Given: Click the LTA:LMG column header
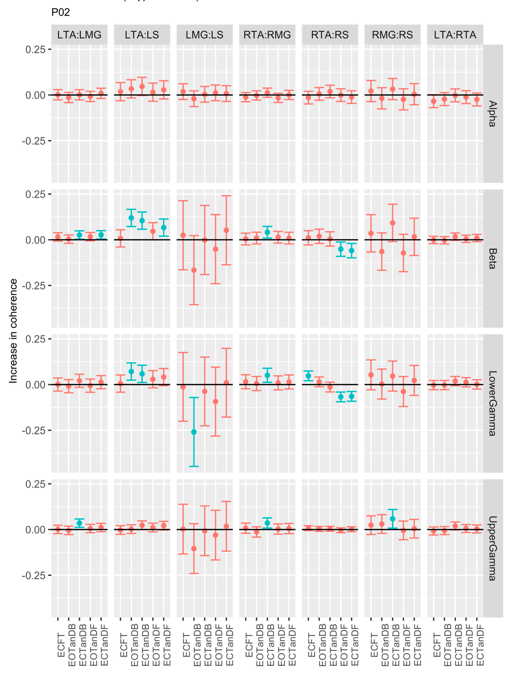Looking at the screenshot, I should tap(79, 35).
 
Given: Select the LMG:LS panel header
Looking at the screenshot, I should tap(204, 35).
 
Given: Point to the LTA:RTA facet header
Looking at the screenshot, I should tap(455, 35).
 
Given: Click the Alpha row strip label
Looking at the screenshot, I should tap(493, 114).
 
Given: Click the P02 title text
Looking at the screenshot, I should tap(61, 12).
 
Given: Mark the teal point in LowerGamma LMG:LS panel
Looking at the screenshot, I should tap(194, 432).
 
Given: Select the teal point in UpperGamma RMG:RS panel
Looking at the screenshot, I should tap(393, 519).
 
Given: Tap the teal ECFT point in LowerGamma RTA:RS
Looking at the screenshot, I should tap(309, 376).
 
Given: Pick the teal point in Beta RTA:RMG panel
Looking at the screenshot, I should tap(267, 232).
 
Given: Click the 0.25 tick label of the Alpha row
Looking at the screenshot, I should tap(35, 49).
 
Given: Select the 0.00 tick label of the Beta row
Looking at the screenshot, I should tap(35, 240).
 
